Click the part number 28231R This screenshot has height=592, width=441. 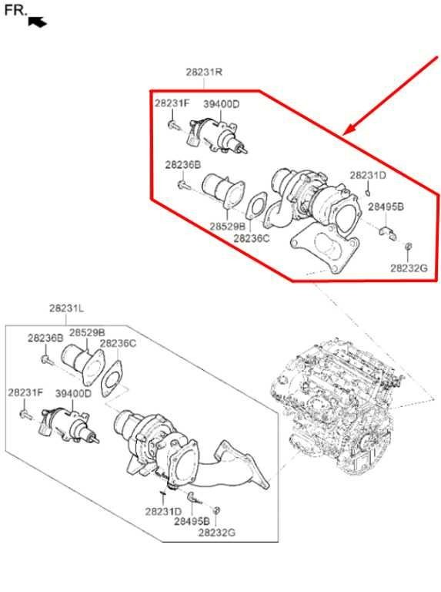point(204,72)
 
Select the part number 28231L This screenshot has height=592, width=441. point(67,308)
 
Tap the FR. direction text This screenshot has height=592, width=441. point(16,10)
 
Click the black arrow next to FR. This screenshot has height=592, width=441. point(37,22)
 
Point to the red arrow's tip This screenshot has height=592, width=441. point(343,134)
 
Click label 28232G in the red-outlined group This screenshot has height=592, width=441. point(409,268)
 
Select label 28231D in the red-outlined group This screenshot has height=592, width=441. point(368,175)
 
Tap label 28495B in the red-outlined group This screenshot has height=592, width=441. point(386,207)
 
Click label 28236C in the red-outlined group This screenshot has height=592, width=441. point(252,239)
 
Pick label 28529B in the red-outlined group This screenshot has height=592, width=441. point(228,226)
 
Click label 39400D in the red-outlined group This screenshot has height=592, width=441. point(221,104)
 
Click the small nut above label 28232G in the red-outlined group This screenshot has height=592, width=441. point(408,246)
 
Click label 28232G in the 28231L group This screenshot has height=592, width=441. point(217,533)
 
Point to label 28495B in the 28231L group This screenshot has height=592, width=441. point(192,521)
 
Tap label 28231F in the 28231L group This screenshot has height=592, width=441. point(25,392)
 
